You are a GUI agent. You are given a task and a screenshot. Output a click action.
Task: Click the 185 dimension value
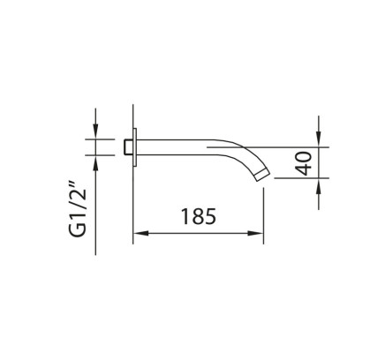199,216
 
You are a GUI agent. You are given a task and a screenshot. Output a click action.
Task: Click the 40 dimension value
304,163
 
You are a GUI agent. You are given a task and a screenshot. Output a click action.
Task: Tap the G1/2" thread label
78,209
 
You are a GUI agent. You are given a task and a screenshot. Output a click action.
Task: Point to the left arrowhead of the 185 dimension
140,234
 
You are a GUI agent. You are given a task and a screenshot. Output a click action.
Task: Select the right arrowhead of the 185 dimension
255,234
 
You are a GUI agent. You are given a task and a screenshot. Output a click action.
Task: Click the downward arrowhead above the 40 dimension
319,139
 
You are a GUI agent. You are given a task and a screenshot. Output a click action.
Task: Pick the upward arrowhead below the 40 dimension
319,185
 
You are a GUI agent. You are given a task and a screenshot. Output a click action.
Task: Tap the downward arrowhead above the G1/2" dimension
95,131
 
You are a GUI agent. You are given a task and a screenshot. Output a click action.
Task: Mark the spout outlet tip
262,175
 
